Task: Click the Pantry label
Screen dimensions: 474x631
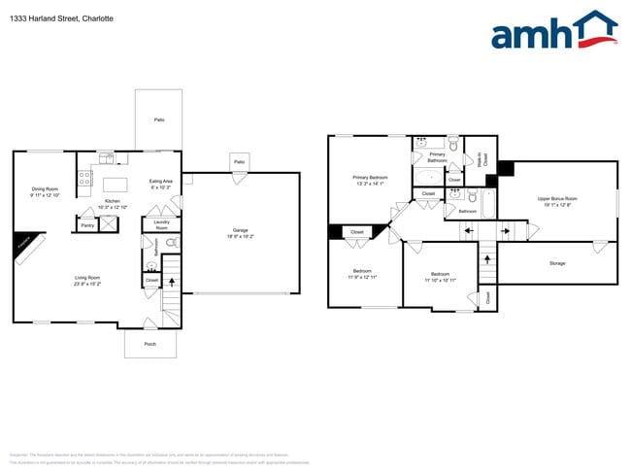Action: point(87,225)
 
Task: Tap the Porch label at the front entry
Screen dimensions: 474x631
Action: point(149,344)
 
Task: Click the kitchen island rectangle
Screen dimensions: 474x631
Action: point(116,184)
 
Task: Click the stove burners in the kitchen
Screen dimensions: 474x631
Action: point(84,178)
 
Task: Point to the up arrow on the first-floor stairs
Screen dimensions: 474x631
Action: point(173,284)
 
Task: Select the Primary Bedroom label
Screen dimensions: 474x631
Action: point(370,178)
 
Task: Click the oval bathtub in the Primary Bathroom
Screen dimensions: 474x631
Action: point(428,177)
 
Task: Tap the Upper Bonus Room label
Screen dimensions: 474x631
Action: point(557,199)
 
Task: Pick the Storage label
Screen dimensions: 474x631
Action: point(556,262)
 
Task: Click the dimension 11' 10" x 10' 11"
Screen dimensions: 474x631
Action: point(440,281)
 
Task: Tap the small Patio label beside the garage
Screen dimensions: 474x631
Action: point(238,161)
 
